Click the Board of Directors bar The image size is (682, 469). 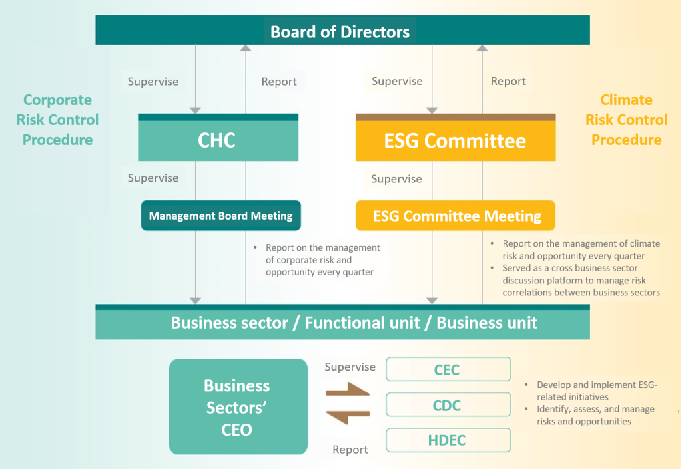343,30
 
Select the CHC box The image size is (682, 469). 218,138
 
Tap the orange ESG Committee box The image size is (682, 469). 456,138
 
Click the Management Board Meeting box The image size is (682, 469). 221,216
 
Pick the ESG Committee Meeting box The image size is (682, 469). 456,216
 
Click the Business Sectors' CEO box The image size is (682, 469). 238,407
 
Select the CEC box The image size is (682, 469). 448,369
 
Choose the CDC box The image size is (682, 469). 448,404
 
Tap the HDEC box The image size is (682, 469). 448,440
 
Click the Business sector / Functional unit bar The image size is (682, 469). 343,322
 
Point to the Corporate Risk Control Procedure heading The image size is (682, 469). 57,120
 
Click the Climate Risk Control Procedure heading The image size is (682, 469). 626,120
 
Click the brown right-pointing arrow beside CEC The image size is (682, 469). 348,390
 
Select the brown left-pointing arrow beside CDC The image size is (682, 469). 348,417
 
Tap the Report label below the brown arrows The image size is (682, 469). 350,450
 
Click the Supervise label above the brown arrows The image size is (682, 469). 350,367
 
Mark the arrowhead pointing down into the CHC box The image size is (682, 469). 196,110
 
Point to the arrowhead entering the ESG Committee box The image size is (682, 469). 432,110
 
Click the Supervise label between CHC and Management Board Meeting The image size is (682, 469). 153,178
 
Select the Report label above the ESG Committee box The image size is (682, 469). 508,81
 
